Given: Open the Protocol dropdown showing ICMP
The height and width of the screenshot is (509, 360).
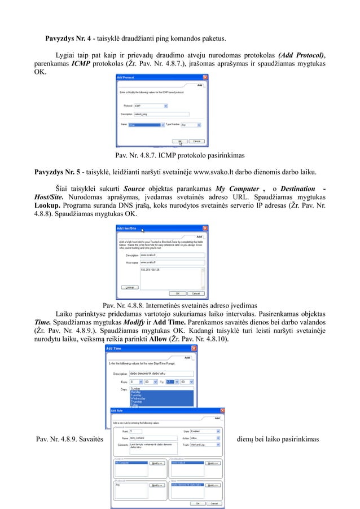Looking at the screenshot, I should (x=151, y=105).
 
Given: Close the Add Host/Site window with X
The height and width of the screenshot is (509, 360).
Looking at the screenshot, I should (x=205, y=228).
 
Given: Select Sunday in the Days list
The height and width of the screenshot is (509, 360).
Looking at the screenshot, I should (x=135, y=389).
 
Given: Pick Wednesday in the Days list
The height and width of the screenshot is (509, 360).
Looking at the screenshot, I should (x=138, y=398).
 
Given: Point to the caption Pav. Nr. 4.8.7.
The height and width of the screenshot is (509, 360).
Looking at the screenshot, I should (x=179, y=155).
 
